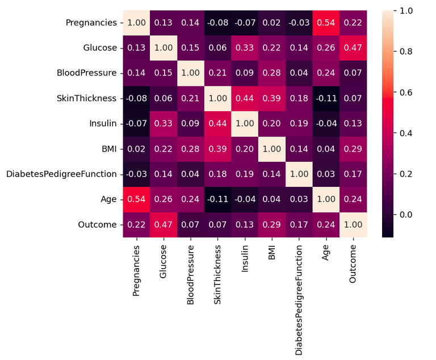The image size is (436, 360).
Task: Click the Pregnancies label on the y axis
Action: (x=92, y=23)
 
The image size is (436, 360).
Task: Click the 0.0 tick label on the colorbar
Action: (x=406, y=215)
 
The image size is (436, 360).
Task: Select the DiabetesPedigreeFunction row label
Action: (x=61, y=174)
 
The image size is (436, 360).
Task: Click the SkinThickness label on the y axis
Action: (x=86, y=98)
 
